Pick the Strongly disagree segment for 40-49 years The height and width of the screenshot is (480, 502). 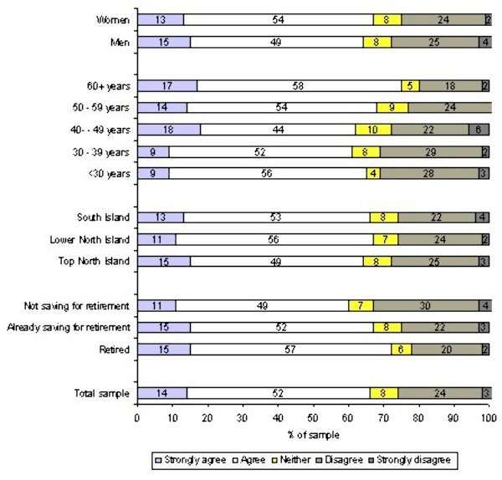tap(479, 129)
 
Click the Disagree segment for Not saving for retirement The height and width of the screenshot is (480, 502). tap(426, 305)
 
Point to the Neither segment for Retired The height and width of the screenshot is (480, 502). tap(401, 349)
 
